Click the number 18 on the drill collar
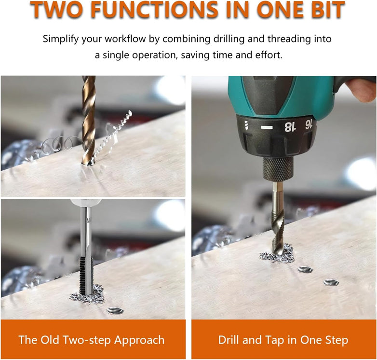click(x=289, y=127)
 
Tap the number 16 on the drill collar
click(x=309, y=125)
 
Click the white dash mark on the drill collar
click(x=267, y=127)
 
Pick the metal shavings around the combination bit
click(x=277, y=255)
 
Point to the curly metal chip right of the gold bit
click(x=113, y=135)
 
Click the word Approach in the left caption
click(x=139, y=341)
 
